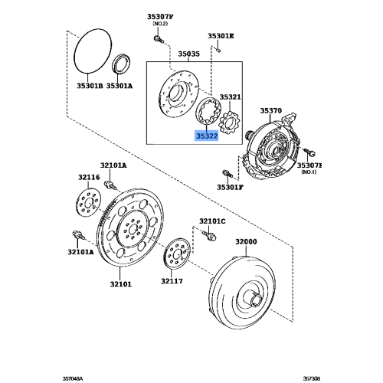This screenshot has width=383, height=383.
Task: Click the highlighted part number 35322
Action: tap(207, 135)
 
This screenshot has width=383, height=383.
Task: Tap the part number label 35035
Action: tap(188, 54)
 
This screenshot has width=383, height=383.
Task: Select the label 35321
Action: tap(231, 98)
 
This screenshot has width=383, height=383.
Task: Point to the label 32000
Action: tap(246, 241)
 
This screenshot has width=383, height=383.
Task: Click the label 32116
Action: tap(89, 177)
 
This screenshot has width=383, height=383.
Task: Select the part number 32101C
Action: tap(212, 221)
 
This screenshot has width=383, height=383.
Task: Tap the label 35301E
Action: tap(221, 36)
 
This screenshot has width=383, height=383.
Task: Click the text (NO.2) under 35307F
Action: tap(161, 24)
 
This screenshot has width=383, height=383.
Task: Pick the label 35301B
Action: tap(89, 86)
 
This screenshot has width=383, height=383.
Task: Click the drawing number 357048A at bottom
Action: tap(75, 376)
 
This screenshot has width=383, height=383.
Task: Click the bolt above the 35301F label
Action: tap(227, 172)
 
